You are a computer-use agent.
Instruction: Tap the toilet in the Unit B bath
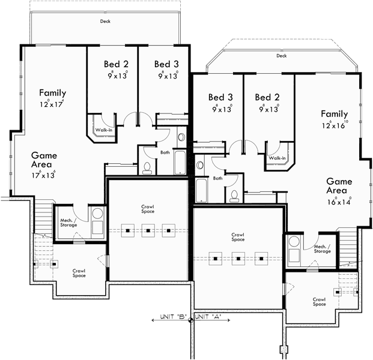147,166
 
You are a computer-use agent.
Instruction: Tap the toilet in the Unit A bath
235,195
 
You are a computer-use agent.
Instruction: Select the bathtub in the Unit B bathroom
180,161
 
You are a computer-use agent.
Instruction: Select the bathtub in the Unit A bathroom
202,190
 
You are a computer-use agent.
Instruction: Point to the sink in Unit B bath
181,137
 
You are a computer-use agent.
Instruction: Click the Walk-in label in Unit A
277,158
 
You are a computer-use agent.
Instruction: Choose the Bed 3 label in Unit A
220,97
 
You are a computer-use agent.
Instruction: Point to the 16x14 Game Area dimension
339,202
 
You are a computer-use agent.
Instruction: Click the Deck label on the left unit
105,21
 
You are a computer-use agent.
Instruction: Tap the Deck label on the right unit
281,55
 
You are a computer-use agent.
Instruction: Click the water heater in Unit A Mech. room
293,243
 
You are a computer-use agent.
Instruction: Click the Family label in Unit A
334,114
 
